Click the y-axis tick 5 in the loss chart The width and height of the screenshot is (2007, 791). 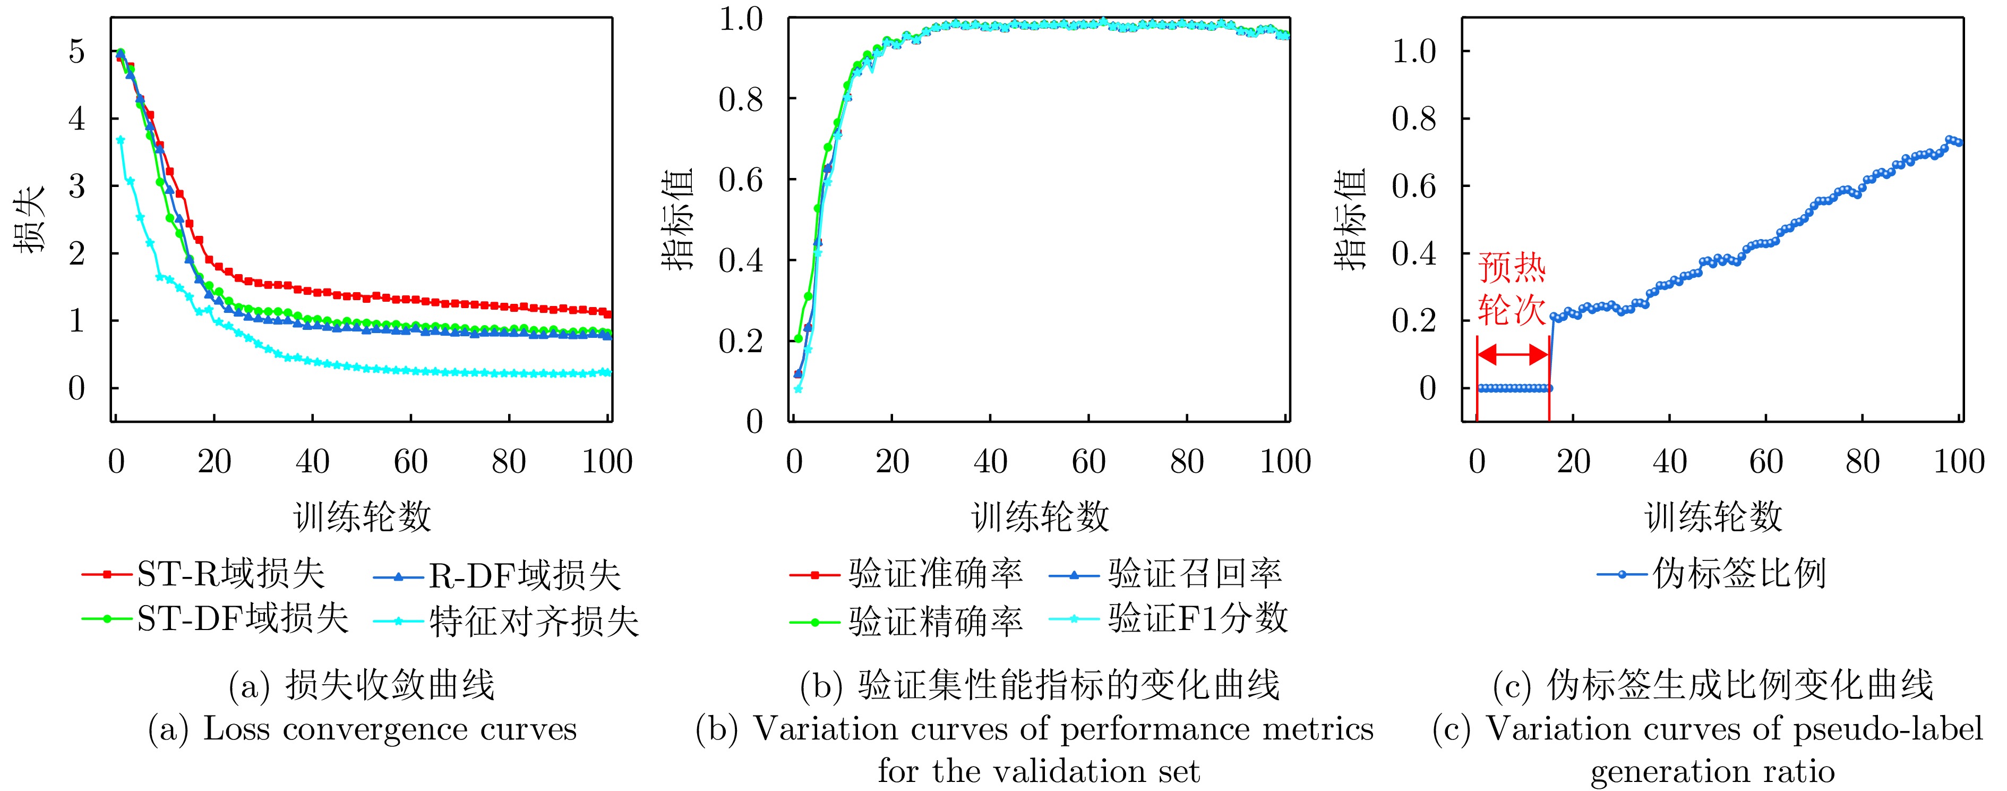pyautogui.click(x=76, y=52)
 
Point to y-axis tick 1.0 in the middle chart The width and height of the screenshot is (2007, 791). pyautogui.click(x=741, y=19)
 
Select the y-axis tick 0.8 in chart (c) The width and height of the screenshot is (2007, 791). pyautogui.click(x=1414, y=118)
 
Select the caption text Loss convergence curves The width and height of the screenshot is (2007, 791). pyautogui.click(x=390, y=729)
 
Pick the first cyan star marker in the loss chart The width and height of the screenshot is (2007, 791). pyautogui.click(x=120, y=140)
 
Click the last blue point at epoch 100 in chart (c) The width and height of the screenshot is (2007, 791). pyautogui.click(x=1959, y=142)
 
